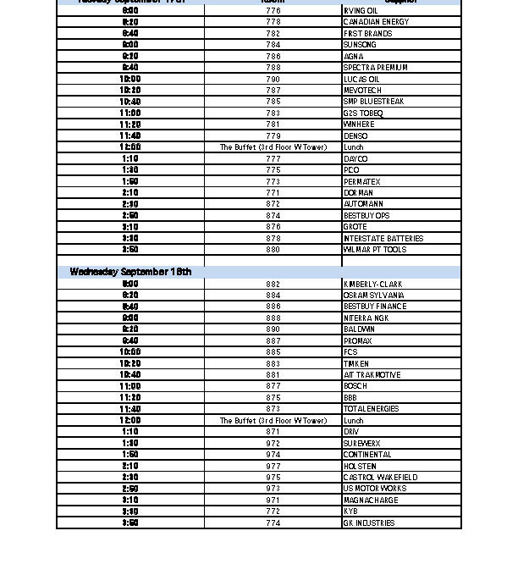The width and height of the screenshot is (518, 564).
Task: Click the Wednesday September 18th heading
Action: [130, 272]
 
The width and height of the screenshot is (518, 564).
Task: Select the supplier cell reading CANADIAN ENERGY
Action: [376, 22]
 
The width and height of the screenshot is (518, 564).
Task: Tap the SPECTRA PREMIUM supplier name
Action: [375, 68]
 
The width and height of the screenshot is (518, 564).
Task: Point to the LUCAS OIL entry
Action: [361, 79]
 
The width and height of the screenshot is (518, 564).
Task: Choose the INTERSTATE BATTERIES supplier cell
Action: [383, 238]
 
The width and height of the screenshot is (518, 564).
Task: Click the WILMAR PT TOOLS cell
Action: [374, 250]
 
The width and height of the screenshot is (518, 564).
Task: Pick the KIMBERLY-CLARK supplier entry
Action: [373, 284]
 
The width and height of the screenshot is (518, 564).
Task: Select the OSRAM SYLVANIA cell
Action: [373, 296]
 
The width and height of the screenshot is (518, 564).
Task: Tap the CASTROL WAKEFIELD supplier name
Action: [380, 478]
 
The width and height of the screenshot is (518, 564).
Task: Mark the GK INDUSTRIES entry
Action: [368, 523]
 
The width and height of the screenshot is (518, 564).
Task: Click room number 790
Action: [273, 79]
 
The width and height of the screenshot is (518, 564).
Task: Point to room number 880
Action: [273, 250]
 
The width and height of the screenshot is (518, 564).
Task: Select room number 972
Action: [273, 443]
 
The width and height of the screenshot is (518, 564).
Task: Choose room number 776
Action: [273, 11]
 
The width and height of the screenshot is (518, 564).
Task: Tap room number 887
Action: [273, 340]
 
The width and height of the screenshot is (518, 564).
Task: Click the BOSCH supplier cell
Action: [355, 386]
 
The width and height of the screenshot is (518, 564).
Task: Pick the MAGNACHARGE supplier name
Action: [371, 500]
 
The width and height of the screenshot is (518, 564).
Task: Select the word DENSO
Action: [355, 135]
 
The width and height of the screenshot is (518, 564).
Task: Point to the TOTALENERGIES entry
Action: [371, 409]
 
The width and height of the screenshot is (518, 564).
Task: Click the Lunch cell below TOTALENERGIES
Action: [353, 421]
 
